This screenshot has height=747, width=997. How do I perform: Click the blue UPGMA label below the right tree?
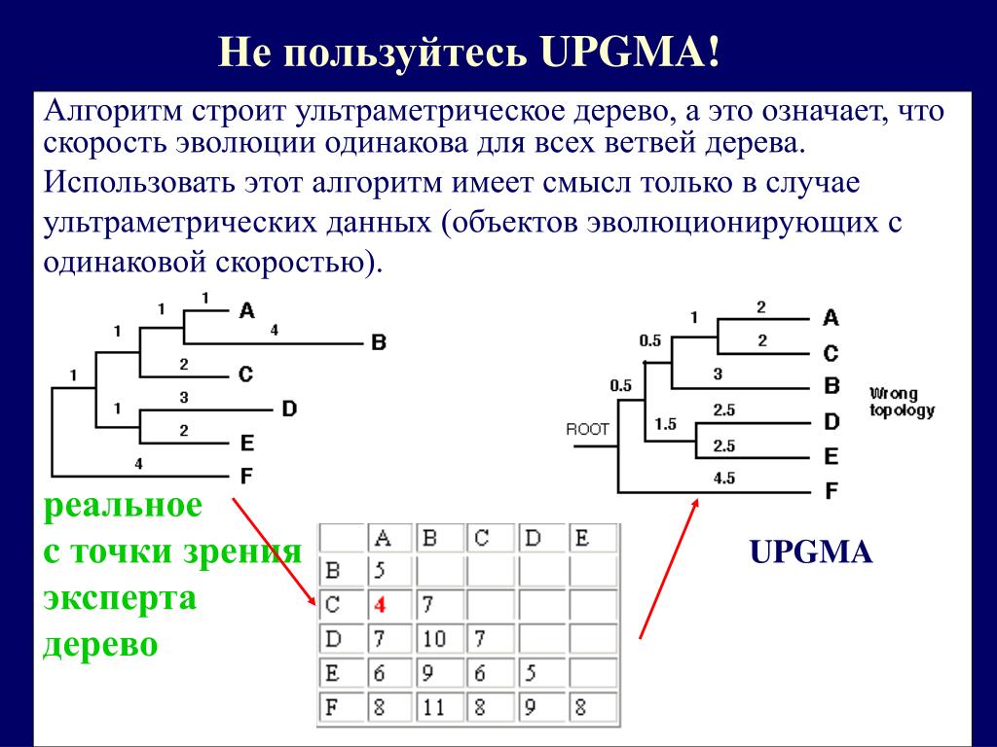pyautogui.click(x=811, y=553)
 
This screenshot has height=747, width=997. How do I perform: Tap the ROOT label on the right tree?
pyautogui.click(x=587, y=428)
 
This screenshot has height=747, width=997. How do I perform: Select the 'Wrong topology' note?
pyautogui.click(x=902, y=402)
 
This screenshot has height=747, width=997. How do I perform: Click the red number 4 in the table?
pyautogui.click(x=381, y=605)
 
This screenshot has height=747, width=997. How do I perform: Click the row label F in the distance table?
pyautogui.click(x=331, y=708)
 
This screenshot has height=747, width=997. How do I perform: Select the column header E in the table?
pyautogui.click(x=582, y=537)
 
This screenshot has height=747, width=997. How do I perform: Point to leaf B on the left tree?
pyautogui.click(x=379, y=342)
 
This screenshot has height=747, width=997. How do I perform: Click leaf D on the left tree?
pyautogui.click(x=289, y=409)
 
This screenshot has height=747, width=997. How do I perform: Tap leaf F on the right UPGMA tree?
pyautogui.click(x=831, y=491)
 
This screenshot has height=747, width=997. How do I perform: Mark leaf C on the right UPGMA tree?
pyautogui.click(x=831, y=353)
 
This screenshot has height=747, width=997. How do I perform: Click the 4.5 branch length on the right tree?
pyautogui.click(x=724, y=478)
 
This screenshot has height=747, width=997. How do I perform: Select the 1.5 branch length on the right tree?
pyautogui.click(x=665, y=423)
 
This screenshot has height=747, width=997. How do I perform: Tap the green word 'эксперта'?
pyautogui.click(x=120, y=597)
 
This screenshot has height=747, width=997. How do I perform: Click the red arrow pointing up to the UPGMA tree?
pyautogui.click(x=669, y=568)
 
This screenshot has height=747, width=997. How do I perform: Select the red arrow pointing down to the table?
pyautogui.click(x=275, y=552)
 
